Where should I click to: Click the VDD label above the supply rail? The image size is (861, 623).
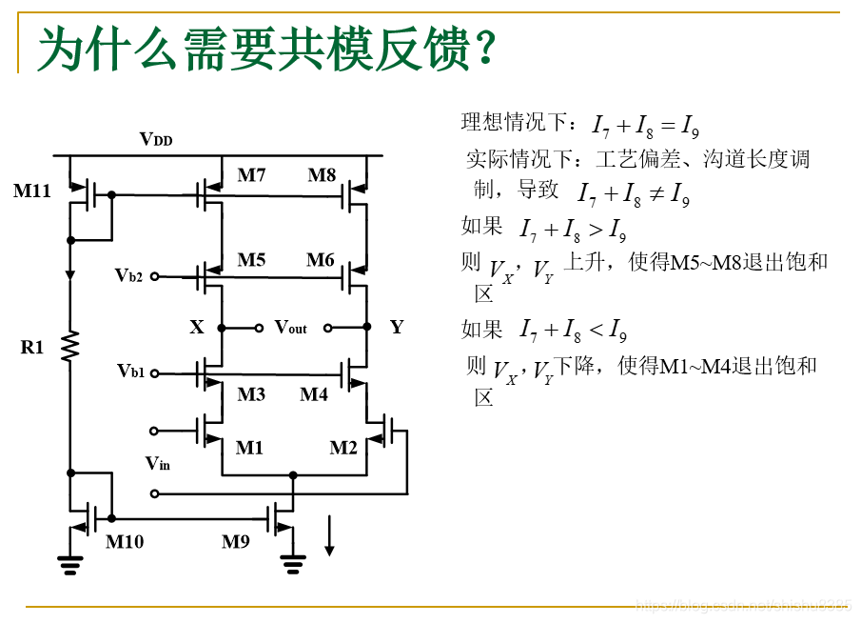(156, 140)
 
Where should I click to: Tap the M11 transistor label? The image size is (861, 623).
(31, 191)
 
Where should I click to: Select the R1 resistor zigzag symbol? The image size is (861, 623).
(70, 347)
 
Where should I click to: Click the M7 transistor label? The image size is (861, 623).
(251, 175)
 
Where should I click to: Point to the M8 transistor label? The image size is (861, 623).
(322, 175)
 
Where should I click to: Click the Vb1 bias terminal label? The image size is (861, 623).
(131, 371)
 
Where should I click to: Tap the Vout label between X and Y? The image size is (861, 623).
(291, 328)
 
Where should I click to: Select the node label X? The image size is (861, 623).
(197, 328)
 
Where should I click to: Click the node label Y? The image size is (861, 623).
(397, 328)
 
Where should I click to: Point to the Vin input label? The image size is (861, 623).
(158, 464)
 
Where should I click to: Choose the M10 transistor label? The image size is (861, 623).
(125, 542)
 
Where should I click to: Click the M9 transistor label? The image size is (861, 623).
(236, 542)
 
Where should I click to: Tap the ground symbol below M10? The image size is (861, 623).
(69, 564)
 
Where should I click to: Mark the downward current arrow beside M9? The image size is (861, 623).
(329, 535)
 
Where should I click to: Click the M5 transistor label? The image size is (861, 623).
(251, 260)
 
